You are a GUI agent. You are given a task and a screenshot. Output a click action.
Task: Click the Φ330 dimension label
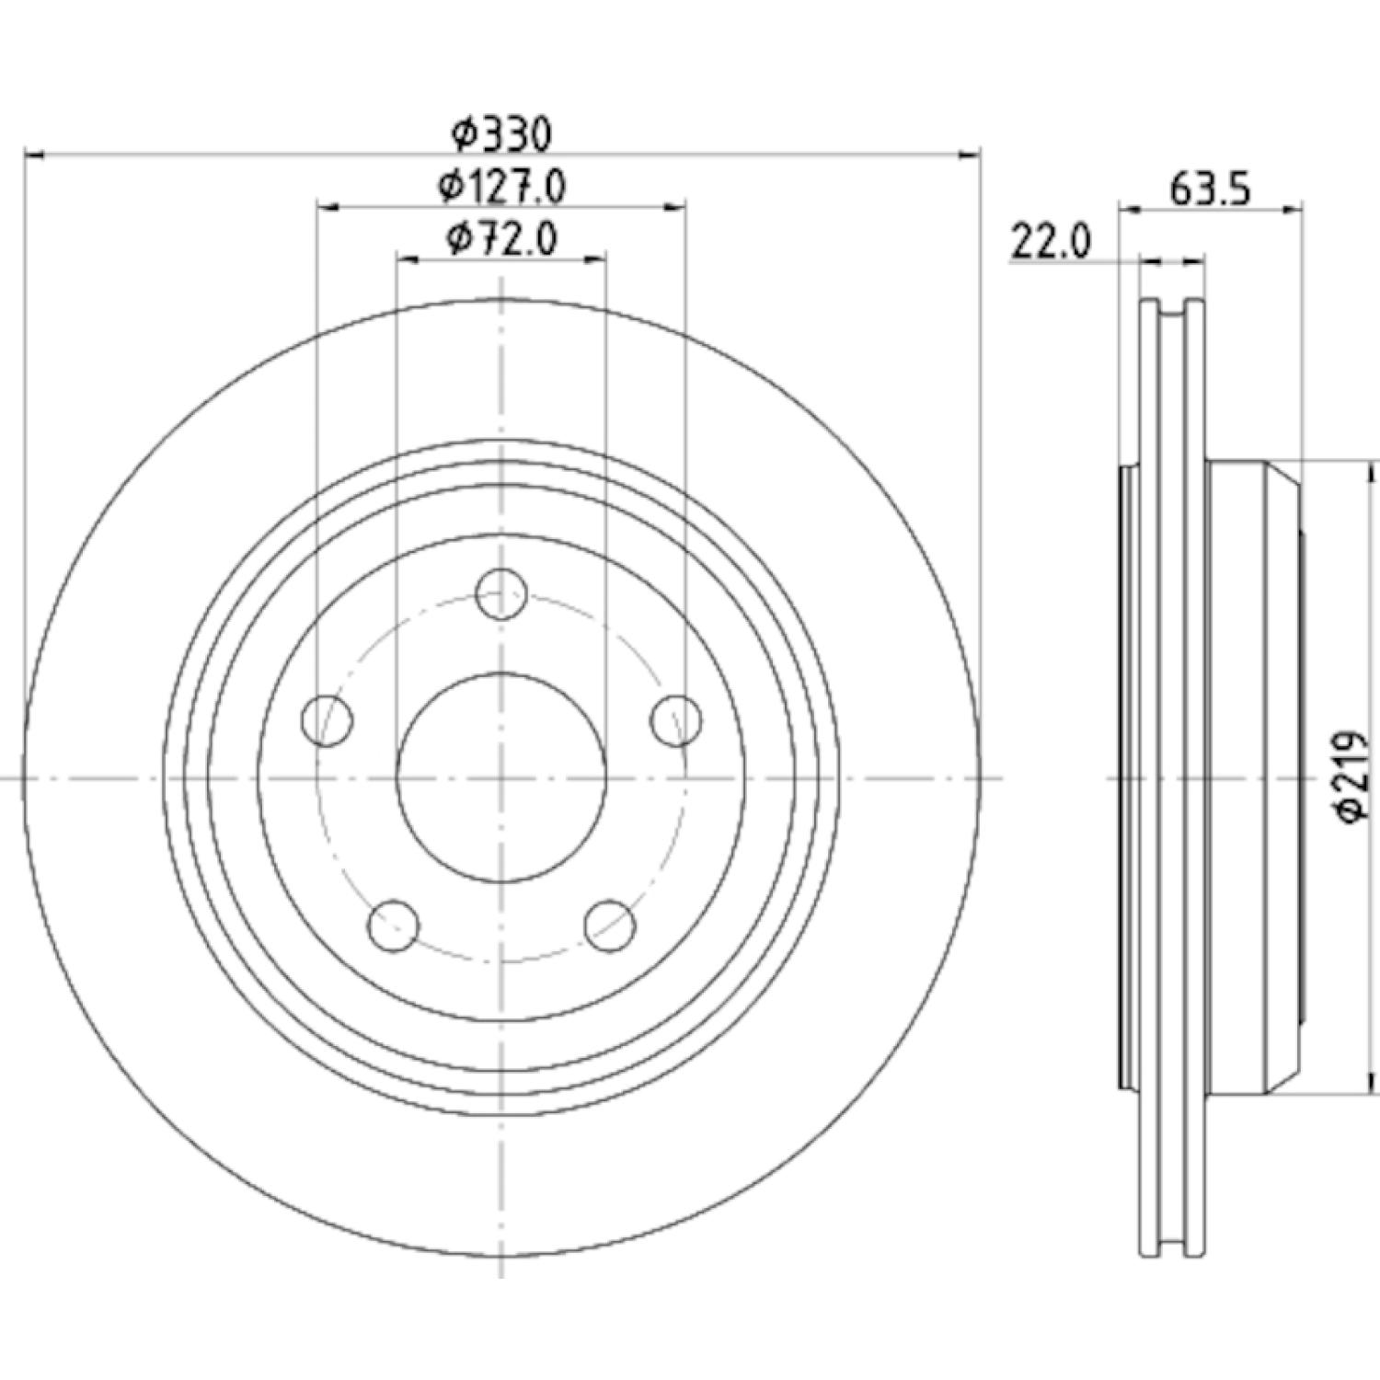pyautogui.click(x=502, y=135)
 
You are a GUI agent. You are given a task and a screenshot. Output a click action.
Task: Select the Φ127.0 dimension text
pyautogui.click(x=501, y=187)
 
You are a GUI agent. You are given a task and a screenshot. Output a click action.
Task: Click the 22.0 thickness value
pyautogui.click(x=1051, y=243)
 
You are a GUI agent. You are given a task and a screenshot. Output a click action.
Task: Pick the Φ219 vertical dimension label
pyautogui.click(x=1354, y=777)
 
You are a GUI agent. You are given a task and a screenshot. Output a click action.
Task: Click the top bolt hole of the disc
pyautogui.click(x=501, y=594)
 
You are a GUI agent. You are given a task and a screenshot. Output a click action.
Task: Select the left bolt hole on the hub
pyautogui.click(x=328, y=720)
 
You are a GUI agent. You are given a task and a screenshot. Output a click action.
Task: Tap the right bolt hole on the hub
pyautogui.click(x=676, y=720)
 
